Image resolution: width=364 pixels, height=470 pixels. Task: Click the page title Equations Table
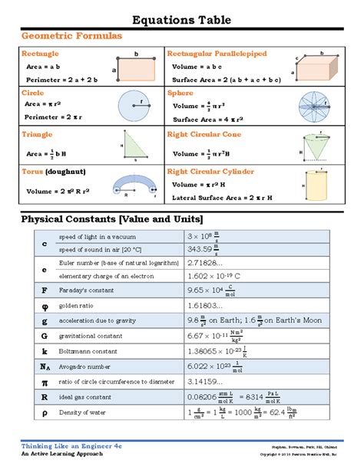click(181, 19)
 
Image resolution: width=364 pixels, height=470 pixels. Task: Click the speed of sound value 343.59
click(202, 250)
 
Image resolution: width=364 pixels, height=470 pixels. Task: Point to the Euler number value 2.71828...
click(205, 263)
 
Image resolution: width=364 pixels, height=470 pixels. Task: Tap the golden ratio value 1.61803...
click(205, 305)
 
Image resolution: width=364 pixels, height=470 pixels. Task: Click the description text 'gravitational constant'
click(90, 334)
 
